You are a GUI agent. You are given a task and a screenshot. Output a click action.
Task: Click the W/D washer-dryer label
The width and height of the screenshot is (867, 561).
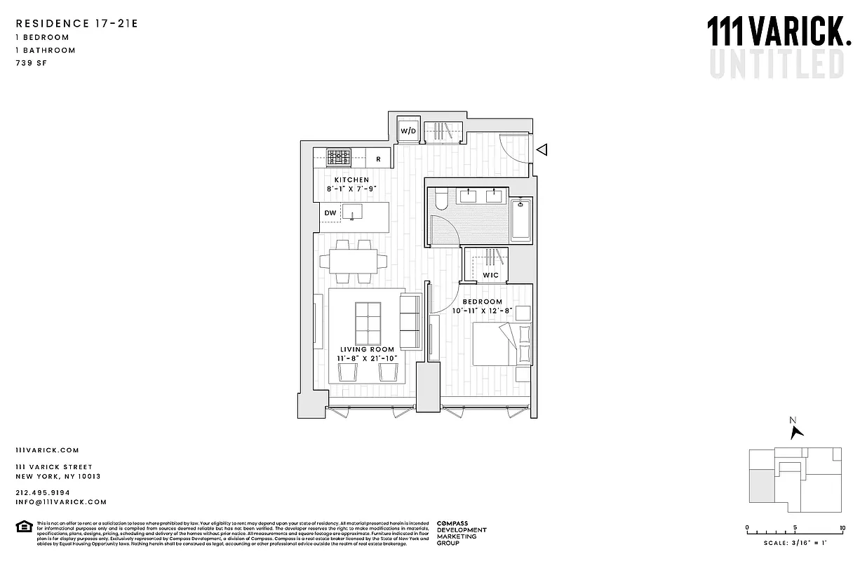point(408,131)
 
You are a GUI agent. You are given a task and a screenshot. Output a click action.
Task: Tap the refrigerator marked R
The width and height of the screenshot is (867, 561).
point(379,158)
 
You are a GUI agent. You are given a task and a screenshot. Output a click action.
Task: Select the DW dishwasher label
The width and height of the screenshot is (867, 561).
point(330,212)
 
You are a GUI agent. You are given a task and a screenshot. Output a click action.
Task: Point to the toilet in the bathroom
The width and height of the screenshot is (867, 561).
point(440,201)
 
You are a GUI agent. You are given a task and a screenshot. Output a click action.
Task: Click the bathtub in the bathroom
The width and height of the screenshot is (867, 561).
point(520,221)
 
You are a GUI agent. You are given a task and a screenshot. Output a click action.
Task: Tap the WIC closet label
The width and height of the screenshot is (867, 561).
point(491,275)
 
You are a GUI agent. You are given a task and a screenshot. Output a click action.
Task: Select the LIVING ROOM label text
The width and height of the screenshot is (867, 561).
point(368,349)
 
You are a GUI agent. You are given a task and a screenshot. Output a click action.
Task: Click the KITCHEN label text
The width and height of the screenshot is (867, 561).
point(351,180)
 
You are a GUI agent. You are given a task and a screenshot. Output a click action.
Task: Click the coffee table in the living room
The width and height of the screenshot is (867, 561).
point(368,321)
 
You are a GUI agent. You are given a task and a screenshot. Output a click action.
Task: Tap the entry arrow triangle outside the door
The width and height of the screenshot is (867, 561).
point(542,149)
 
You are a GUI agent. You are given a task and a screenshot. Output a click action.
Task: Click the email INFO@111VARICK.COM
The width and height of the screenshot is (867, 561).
point(61,502)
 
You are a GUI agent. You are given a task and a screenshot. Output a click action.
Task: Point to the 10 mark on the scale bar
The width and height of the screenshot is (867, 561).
point(842,528)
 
